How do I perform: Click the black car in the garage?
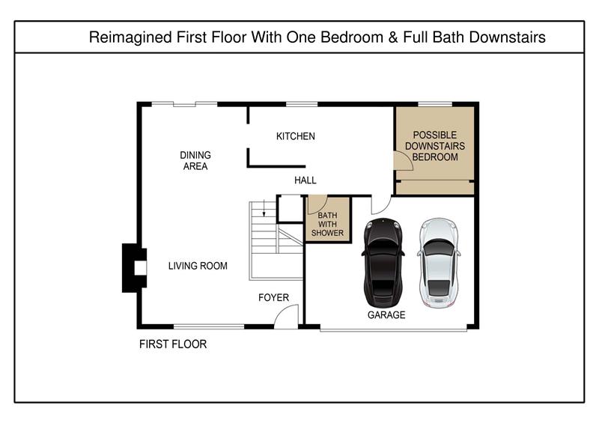(383, 263)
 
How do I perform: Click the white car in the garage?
(439, 263)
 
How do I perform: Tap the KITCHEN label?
(296, 136)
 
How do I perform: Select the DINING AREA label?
(195, 160)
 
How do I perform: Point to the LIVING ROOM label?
(198, 266)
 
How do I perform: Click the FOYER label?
(273, 297)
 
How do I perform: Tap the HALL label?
(305, 180)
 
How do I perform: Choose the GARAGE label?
(386, 315)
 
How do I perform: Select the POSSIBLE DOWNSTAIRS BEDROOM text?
(435, 146)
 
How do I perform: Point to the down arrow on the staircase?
(264, 210)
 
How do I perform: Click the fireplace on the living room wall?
(134, 268)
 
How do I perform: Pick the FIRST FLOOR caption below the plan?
(173, 344)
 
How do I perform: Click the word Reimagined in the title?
(130, 37)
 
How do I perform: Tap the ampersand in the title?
(392, 37)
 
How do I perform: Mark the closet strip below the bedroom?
(435, 187)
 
